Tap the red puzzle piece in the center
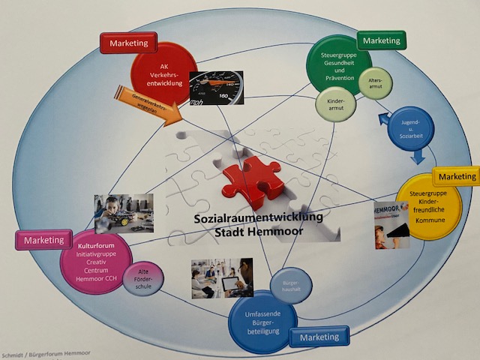pos(253,180)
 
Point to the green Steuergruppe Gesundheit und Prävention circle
pos(339,63)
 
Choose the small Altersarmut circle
pos(375,83)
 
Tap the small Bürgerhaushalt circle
pos(290,286)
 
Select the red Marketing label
pos(128,43)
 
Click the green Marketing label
pos(380,39)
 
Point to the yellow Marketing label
pos(457,175)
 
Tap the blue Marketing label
pos(319,337)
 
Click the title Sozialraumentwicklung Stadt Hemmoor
pos(257,223)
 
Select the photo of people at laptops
pos(221,278)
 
